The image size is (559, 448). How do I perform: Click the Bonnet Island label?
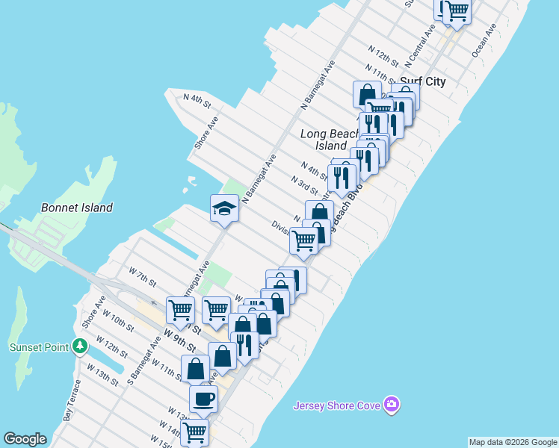point(76,208)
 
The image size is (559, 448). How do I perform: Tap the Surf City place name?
point(423,81)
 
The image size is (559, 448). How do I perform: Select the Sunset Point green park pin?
point(80,346)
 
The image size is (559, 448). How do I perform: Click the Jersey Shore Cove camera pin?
point(392,405)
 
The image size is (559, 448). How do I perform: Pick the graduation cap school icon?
point(224,208)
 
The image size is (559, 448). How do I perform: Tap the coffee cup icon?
point(203,399)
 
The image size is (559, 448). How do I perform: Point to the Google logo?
point(25,439)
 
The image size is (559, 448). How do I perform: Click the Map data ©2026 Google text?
point(513,442)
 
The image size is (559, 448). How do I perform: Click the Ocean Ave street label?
point(484,40)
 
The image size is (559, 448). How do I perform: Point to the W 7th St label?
point(142,279)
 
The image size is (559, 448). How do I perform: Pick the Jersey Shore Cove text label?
point(336,405)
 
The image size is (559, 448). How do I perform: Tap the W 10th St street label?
point(121,321)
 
